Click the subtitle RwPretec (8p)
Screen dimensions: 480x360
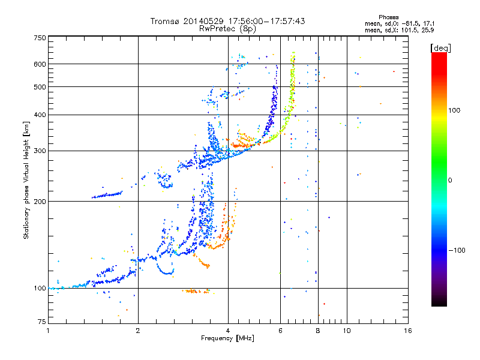coord(227,29)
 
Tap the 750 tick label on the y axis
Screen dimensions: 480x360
coord(40,38)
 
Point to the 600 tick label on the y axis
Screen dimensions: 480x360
coord(40,64)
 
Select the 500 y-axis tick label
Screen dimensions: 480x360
coord(40,86)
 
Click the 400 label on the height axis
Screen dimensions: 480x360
coord(40,115)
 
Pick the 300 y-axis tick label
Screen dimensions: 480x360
coord(40,151)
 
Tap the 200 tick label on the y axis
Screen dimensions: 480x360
coord(40,201)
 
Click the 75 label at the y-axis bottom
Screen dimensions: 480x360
coord(42,322)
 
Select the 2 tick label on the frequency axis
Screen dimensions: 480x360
coord(138,331)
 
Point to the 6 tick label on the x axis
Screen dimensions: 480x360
coord(280,331)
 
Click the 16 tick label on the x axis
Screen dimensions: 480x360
coord(408,331)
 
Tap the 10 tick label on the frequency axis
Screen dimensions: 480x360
coord(347,331)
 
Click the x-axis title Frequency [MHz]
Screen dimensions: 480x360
coord(227,338)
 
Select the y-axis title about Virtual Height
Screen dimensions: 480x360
coord(26,180)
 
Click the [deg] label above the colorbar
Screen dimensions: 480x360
coord(440,48)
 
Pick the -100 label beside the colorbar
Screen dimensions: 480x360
coord(457,250)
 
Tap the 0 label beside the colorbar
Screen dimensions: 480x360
coord(450,181)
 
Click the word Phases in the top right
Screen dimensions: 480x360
coord(388,17)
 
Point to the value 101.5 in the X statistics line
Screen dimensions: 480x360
coord(408,31)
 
